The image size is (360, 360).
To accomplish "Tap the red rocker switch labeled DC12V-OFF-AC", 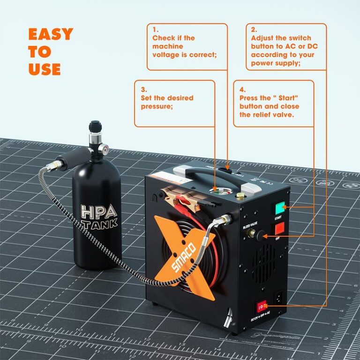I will click(260, 307).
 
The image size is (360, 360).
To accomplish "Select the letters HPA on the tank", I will click(99, 211).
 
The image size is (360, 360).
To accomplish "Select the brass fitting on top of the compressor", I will click(241, 195).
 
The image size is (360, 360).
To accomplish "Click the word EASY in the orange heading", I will click(51, 34).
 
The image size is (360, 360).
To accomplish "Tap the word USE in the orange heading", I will click(45, 69).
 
